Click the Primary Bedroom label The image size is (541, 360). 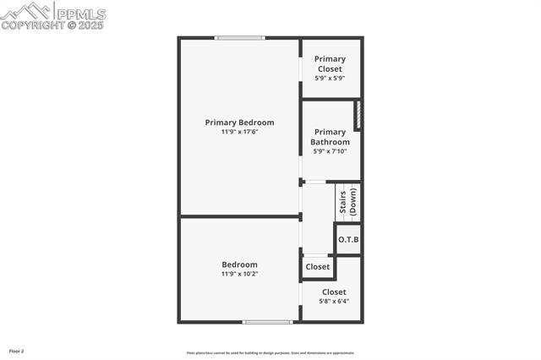[239, 123]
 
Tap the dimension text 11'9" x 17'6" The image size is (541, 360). [239, 132]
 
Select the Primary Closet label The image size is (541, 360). [330, 63]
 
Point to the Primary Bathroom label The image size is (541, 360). [330, 137]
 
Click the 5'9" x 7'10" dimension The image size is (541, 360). [330, 151]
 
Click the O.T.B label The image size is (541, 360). [348, 239]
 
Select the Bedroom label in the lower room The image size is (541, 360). [239, 265]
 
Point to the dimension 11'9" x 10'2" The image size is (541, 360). [239, 274]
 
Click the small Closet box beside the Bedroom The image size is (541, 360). [318, 267]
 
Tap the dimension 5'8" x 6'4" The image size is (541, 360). [334, 301]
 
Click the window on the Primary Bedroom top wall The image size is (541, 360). [239, 37]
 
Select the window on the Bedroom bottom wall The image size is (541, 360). [267, 321]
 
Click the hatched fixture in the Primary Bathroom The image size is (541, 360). [358, 116]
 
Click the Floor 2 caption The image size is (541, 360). [17, 351]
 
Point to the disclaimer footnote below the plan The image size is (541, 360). [270, 353]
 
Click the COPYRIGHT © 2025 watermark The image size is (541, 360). [52, 25]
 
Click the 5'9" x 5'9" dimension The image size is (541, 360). [330, 78]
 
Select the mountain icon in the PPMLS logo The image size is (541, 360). [27, 11]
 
